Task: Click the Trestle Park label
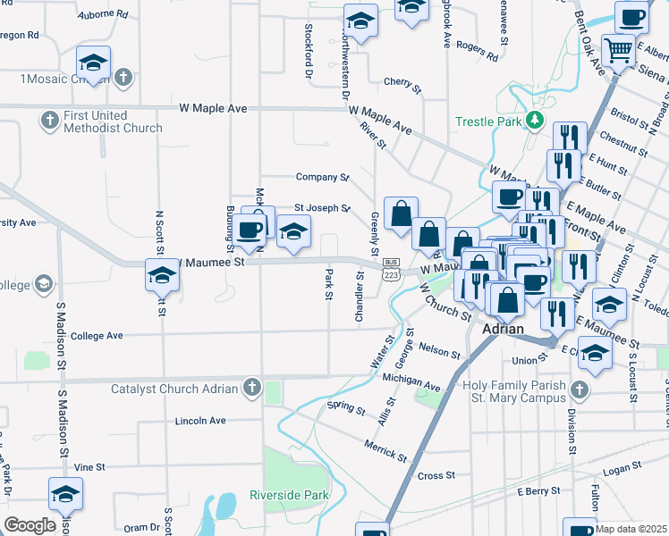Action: click(488, 121)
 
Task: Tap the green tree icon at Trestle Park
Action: click(535, 120)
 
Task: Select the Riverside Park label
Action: click(289, 495)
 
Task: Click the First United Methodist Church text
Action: click(113, 121)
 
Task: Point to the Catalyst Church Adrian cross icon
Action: click(252, 388)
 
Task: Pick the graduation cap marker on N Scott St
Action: click(162, 276)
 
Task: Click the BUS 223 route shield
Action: click(391, 268)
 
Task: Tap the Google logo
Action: click(30, 524)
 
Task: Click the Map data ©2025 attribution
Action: click(631, 529)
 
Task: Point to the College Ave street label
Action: click(96, 336)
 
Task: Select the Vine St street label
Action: click(89, 466)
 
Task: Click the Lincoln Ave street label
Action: click(201, 420)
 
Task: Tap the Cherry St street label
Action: click(402, 87)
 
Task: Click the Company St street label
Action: click(322, 177)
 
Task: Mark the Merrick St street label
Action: click(385, 449)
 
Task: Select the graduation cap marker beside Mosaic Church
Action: click(93, 63)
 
